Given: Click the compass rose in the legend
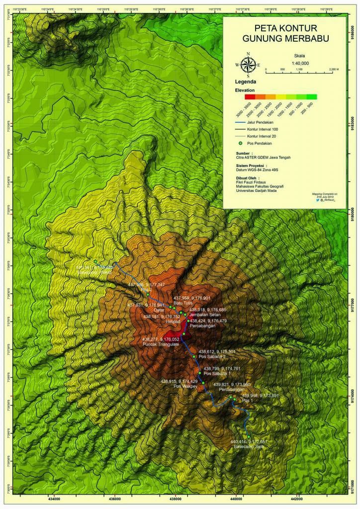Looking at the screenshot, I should [247, 65].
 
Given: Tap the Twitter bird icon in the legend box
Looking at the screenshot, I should [317, 198].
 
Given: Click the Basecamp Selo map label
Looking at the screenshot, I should [249, 447].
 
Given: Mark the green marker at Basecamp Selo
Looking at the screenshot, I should [248, 436].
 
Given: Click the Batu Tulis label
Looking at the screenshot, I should [183, 303].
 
